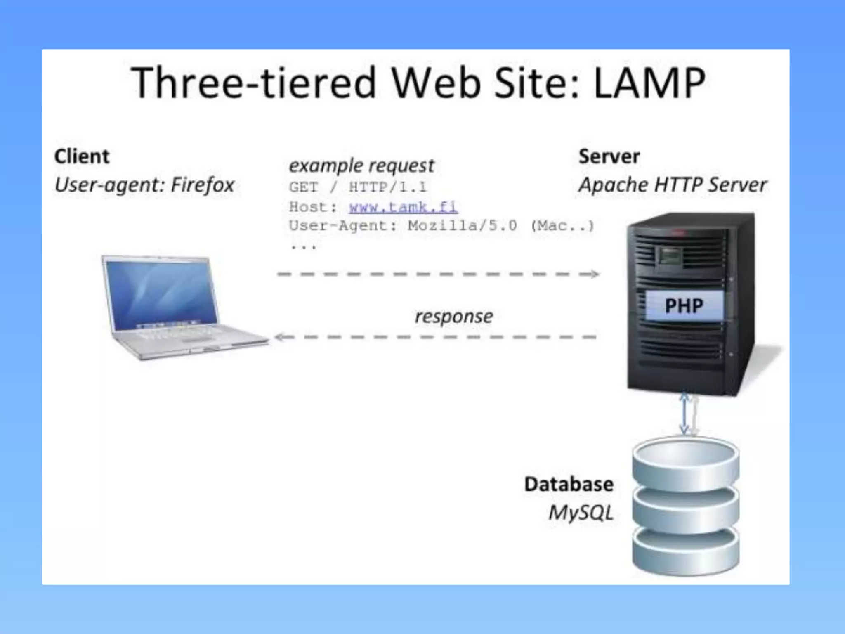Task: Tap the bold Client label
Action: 82,156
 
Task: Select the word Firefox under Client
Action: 203,185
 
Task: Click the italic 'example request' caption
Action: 361,166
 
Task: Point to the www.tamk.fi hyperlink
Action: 403,206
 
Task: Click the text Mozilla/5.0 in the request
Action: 462,226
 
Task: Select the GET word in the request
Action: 303,187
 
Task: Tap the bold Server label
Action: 609,156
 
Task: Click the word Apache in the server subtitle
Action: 613,185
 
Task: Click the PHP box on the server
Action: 684,305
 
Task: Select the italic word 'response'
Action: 453,317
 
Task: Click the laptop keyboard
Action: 182,334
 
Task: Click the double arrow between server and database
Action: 684,414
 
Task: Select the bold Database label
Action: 569,484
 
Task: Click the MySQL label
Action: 581,513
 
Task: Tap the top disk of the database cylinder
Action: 685,458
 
